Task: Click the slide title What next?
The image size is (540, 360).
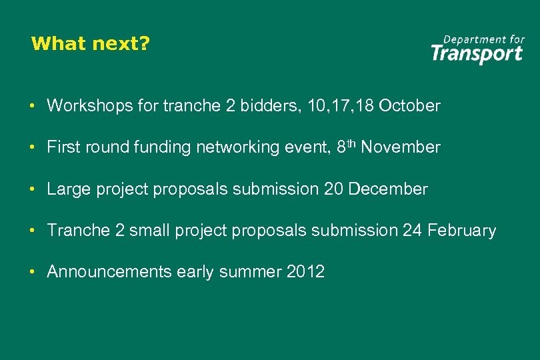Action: point(91,44)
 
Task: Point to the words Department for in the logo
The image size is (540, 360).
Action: point(484,39)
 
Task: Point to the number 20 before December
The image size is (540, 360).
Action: point(333,189)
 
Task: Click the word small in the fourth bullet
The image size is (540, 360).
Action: point(150,231)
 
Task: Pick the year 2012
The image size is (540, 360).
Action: point(304,272)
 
